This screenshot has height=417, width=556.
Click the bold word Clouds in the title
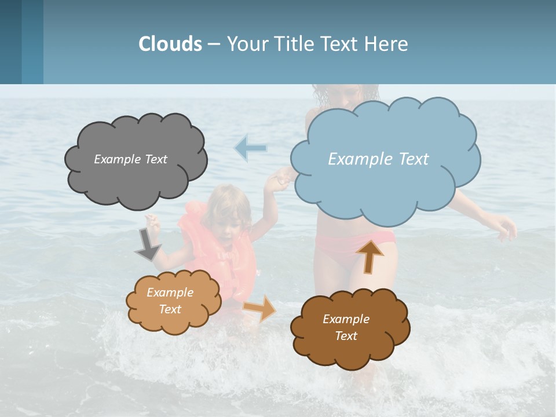(x=170, y=44)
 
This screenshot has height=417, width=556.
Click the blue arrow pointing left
(x=250, y=148)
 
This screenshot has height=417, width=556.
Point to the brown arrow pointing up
(x=370, y=256)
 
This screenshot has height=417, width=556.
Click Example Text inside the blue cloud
(x=378, y=159)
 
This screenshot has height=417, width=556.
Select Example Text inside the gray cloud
(x=130, y=159)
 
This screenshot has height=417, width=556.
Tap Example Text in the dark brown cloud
(x=346, y=327)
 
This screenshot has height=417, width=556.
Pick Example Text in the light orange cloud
(x=170, y=301)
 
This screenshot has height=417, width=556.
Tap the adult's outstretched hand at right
(x=506, y=226)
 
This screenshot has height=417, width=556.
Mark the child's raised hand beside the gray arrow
(x=153, y=221)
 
